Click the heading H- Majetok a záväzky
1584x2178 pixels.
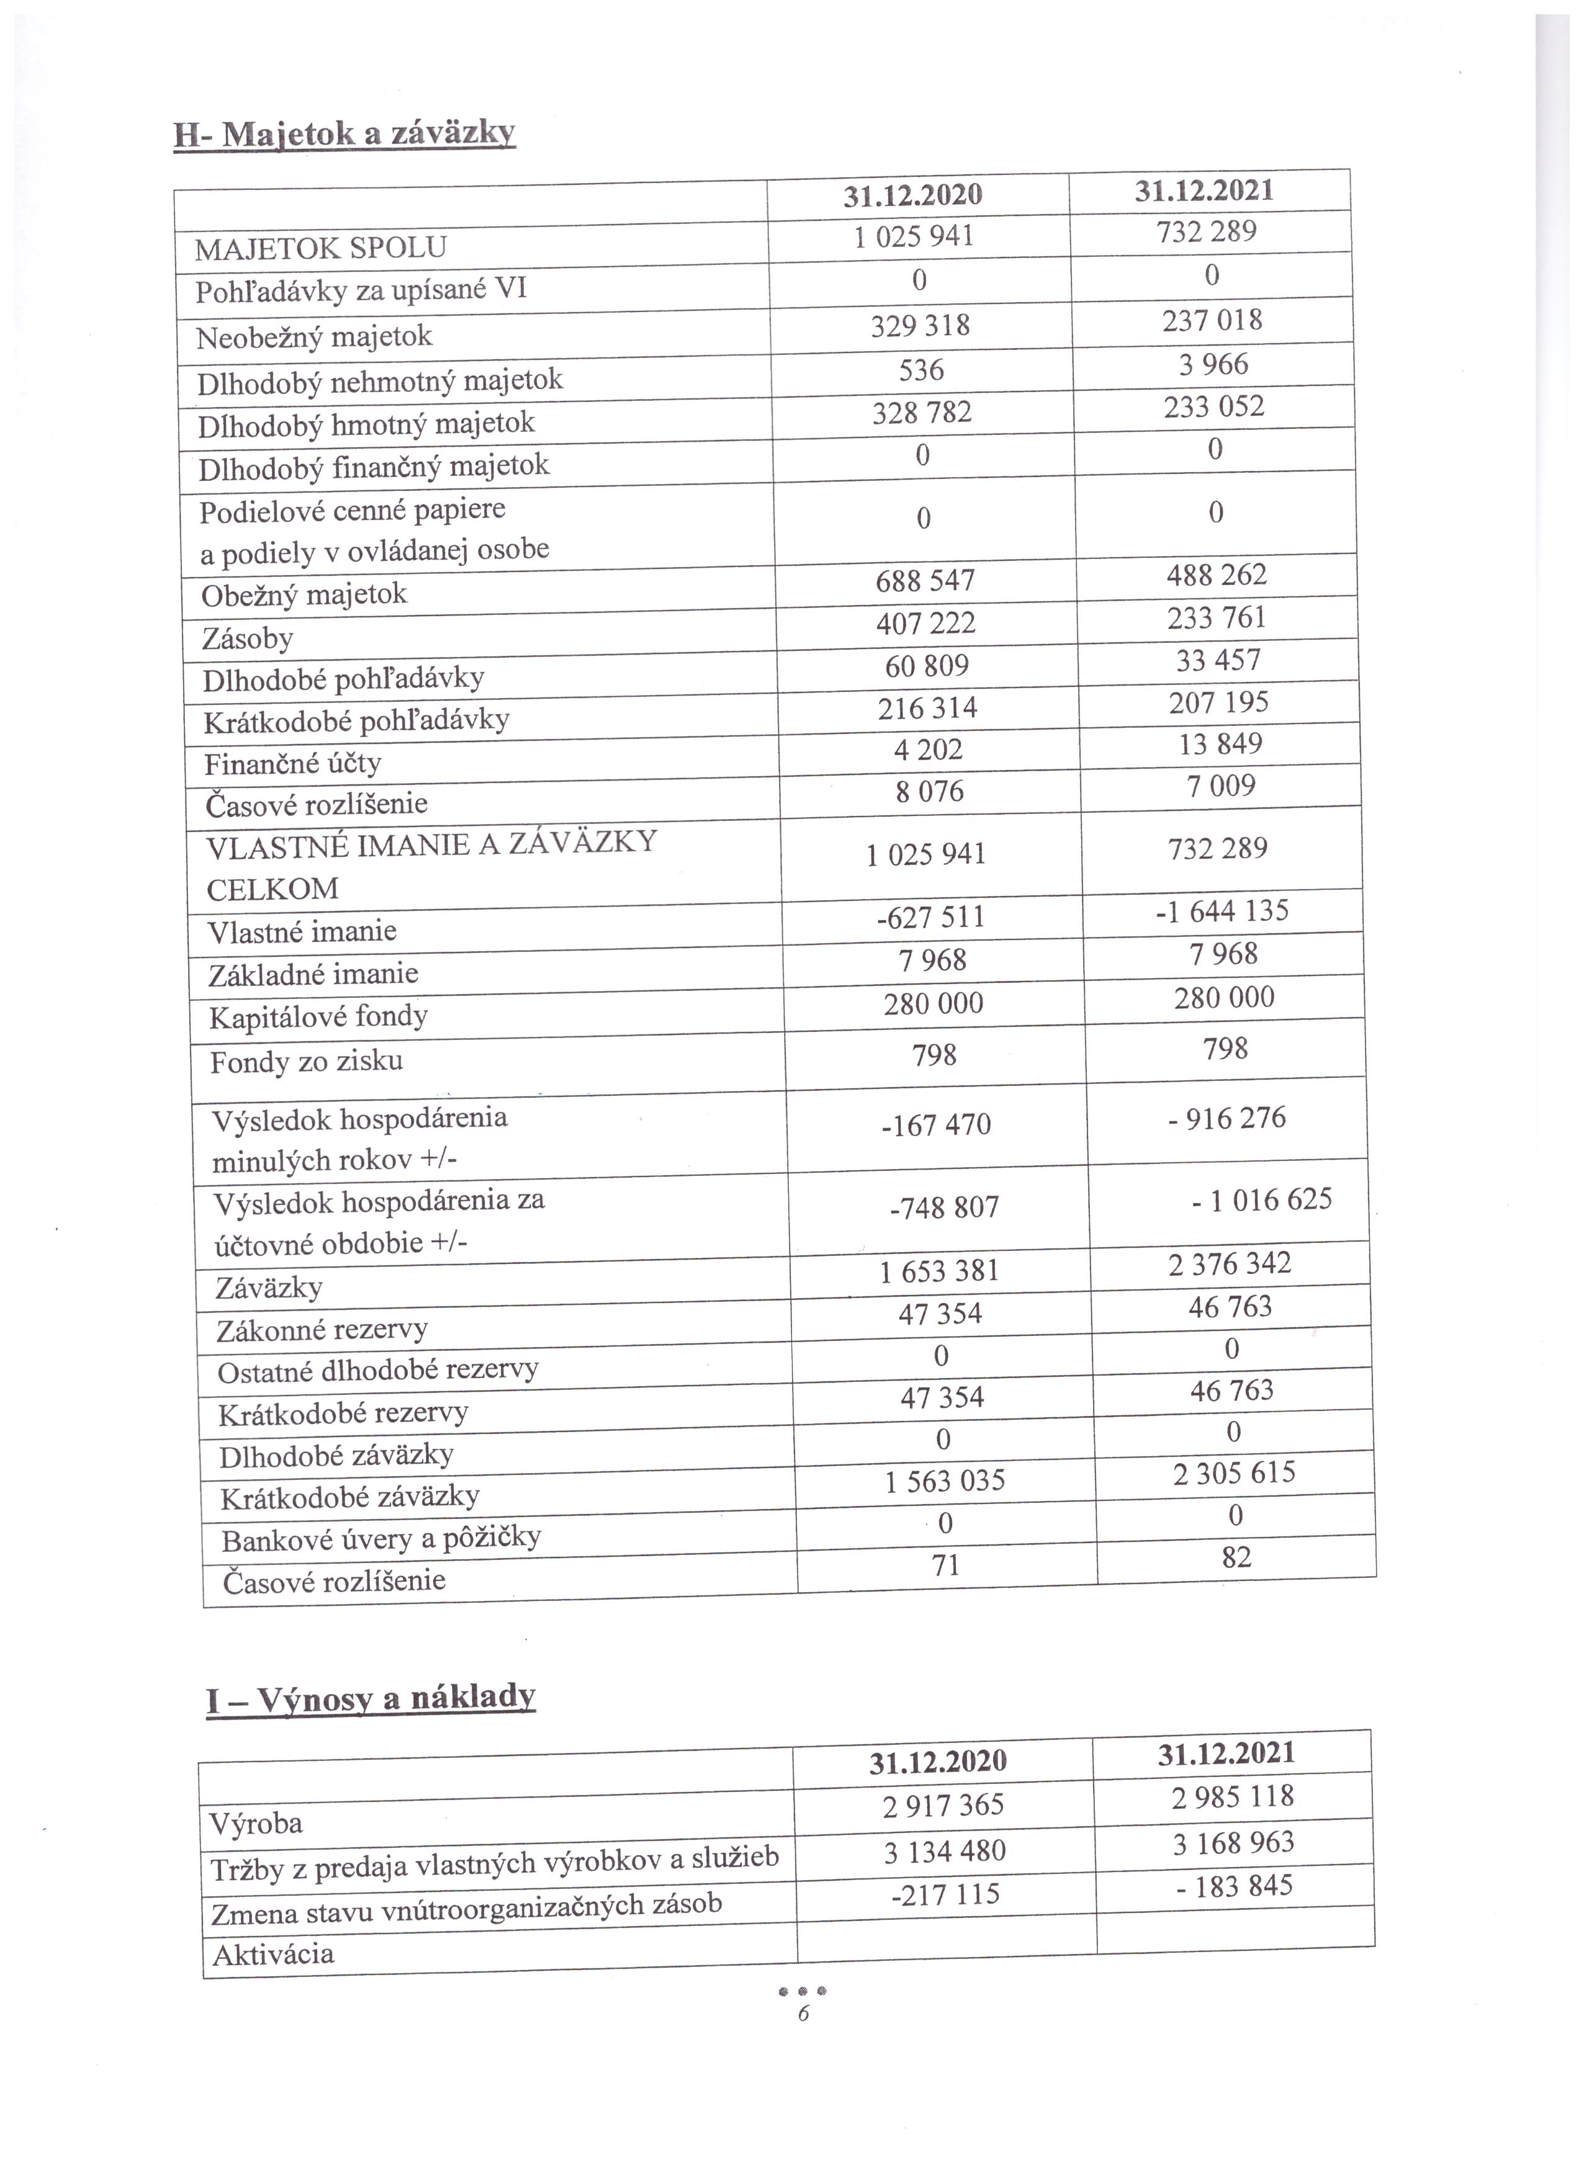[344, 133]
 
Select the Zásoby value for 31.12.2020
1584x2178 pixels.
[925, 623]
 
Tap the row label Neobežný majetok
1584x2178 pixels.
[314, 337]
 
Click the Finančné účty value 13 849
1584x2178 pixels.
[1220, 744]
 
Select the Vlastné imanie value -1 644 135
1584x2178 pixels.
[1222, 910]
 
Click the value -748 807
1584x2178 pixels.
[944, 1207]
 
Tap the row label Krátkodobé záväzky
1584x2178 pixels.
[349, 1497]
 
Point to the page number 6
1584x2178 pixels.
[803, 2014]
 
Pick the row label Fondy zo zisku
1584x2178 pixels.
[307, 1061]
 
